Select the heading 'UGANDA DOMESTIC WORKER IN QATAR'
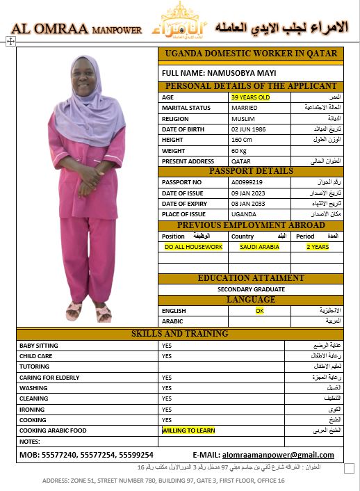[x=251, y=54]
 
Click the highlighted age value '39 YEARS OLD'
[x=250, y=97]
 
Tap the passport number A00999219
[x=247, y=182]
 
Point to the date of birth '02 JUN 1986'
[x=248, y=129]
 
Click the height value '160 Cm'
[x=243, y=140]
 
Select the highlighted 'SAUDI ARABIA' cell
[x=259, y=247]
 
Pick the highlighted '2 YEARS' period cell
[x=318, y=247]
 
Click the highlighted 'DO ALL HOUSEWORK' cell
[x=193, y=247]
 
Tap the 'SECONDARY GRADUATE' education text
[x=251, y=289]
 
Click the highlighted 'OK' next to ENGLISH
[x=259, y=311]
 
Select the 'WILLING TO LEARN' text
[x=188, y=430]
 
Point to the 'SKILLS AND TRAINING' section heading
[x=179, y=334]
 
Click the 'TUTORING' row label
[x=34, y=367]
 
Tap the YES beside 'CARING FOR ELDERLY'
[x=166, y=378]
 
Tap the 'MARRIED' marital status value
[x=244, y=108]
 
